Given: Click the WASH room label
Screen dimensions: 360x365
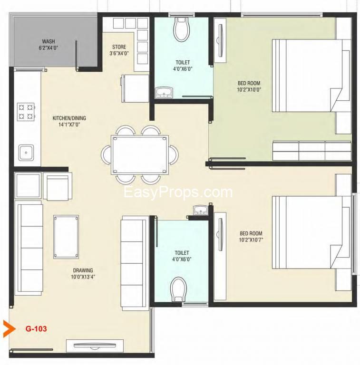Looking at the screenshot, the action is (49, 41).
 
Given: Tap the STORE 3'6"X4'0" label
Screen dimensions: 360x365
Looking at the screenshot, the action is (119, 50).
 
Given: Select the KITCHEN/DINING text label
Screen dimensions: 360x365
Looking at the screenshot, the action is (69, 118).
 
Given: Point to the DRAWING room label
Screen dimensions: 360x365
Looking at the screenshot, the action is (83, 270).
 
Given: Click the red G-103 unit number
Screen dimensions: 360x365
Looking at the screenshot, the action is (36, 329).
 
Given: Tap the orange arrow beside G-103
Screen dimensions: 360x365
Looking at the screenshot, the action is (10, 329).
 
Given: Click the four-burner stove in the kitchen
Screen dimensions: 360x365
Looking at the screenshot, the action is (26, 112).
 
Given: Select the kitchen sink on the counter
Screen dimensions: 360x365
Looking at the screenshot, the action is (26, 153).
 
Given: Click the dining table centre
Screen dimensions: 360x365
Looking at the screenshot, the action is (140, 154).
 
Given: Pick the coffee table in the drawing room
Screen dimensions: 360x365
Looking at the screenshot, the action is (66, 237).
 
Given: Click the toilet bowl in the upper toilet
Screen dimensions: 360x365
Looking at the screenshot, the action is (182, 29).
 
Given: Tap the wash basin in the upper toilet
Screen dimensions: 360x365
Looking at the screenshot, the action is (164, 92).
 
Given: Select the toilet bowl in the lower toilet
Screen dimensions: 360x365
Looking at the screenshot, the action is (179, 289).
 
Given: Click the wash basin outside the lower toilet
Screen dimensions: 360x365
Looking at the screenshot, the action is (201, 210).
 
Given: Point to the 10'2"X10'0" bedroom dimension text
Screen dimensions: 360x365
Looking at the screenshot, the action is (249, 90).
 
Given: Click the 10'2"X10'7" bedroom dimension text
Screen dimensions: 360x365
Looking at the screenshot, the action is (251, 240).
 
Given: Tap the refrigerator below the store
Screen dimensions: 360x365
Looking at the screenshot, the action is (135, 88).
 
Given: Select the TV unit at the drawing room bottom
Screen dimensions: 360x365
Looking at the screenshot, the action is (95, 346).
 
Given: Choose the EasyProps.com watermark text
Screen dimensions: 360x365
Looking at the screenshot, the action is (178, 193).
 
